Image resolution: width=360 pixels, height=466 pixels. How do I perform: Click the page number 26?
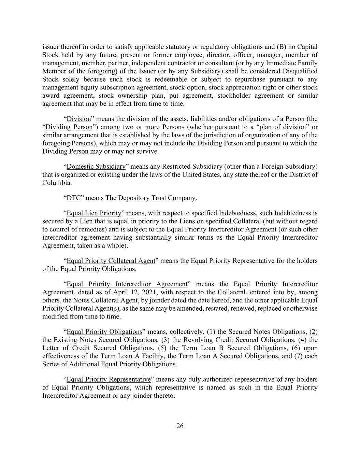pos(180,426)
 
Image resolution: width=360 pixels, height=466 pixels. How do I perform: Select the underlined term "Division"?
pos(79,119)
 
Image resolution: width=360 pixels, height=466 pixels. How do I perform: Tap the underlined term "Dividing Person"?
pos(69,127)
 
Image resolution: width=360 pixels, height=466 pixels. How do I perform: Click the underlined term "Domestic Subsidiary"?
pos(96,167)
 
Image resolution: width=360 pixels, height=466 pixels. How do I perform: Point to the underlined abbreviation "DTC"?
pos(73,198)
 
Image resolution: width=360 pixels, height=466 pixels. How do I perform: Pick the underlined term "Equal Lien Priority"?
pos(94,213)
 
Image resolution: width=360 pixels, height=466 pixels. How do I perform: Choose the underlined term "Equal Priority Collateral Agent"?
pos(111,261)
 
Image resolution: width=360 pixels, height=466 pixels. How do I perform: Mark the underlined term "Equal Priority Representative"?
pos(109,379)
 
